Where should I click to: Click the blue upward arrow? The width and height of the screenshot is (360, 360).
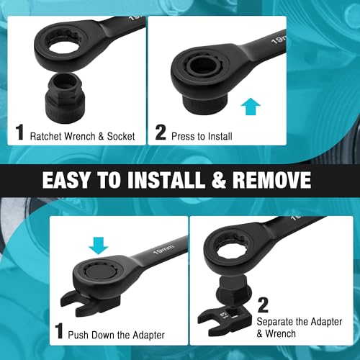click(x=251, y=107)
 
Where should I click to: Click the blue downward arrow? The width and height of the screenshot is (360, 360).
click(x=99, y=246)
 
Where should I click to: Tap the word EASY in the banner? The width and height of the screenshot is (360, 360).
click(x=66, y=180)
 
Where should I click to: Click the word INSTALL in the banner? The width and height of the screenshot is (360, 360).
click(x=166, y=180)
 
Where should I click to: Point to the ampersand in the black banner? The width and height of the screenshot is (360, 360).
click(x=218, y=180)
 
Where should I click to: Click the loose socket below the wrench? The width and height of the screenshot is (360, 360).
click(x=64, y=99)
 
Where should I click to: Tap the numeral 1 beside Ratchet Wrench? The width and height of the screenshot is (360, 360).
click(x=20, y=132)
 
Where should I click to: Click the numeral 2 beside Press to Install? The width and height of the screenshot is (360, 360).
click(x=161, y=132)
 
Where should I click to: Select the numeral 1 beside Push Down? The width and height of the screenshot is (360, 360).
click(x=59, y=330)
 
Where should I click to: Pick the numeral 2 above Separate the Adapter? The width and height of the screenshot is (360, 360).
click(x=263, y=305)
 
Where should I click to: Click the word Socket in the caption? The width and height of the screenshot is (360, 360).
click(x=121, y=136)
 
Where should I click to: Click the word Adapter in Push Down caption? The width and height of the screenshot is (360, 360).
click(x=148, y=336)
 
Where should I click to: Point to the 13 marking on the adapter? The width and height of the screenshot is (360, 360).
click(x=223, y=315)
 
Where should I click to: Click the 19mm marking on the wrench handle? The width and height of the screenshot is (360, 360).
click(x=163, y=249)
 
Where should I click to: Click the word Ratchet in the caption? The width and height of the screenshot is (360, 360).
click(x=46, y=136)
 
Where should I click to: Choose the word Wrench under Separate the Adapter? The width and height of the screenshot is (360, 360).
click(x=280, y=333)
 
